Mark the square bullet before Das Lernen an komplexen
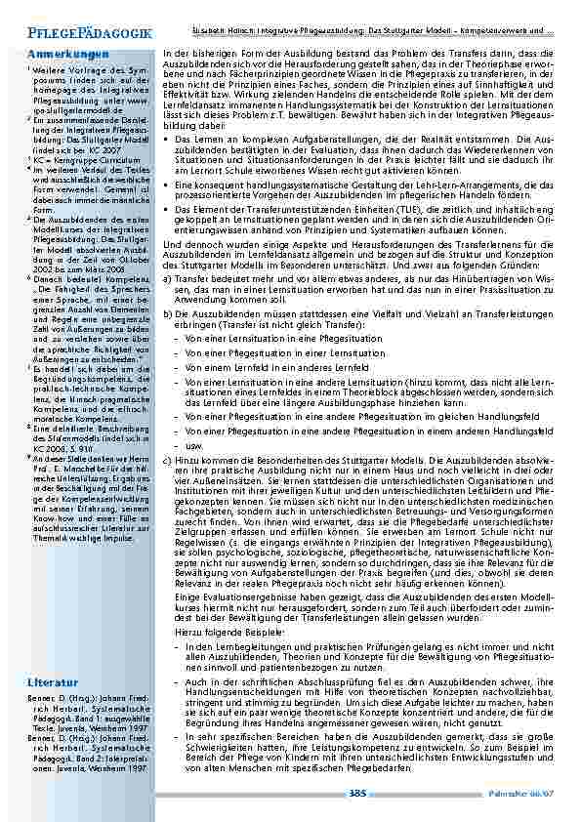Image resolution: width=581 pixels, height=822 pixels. tap(169, 140)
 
